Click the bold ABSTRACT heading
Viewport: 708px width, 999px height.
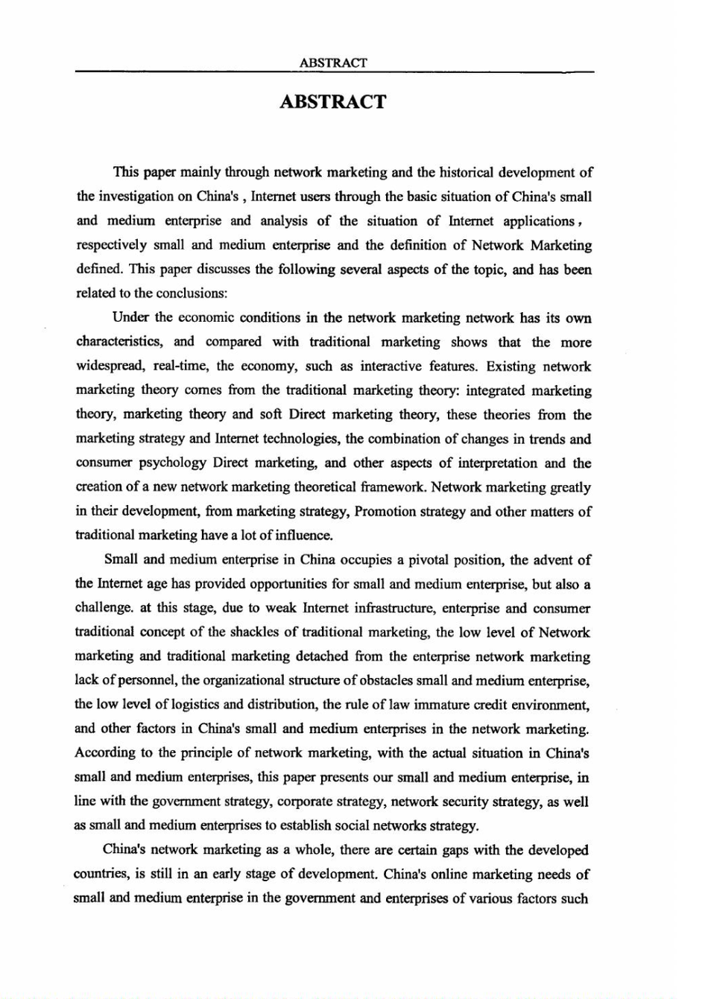pyautogui.click(x=333, y=102)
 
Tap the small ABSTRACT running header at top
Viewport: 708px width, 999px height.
pyautogui.click(x=333, y=63)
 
